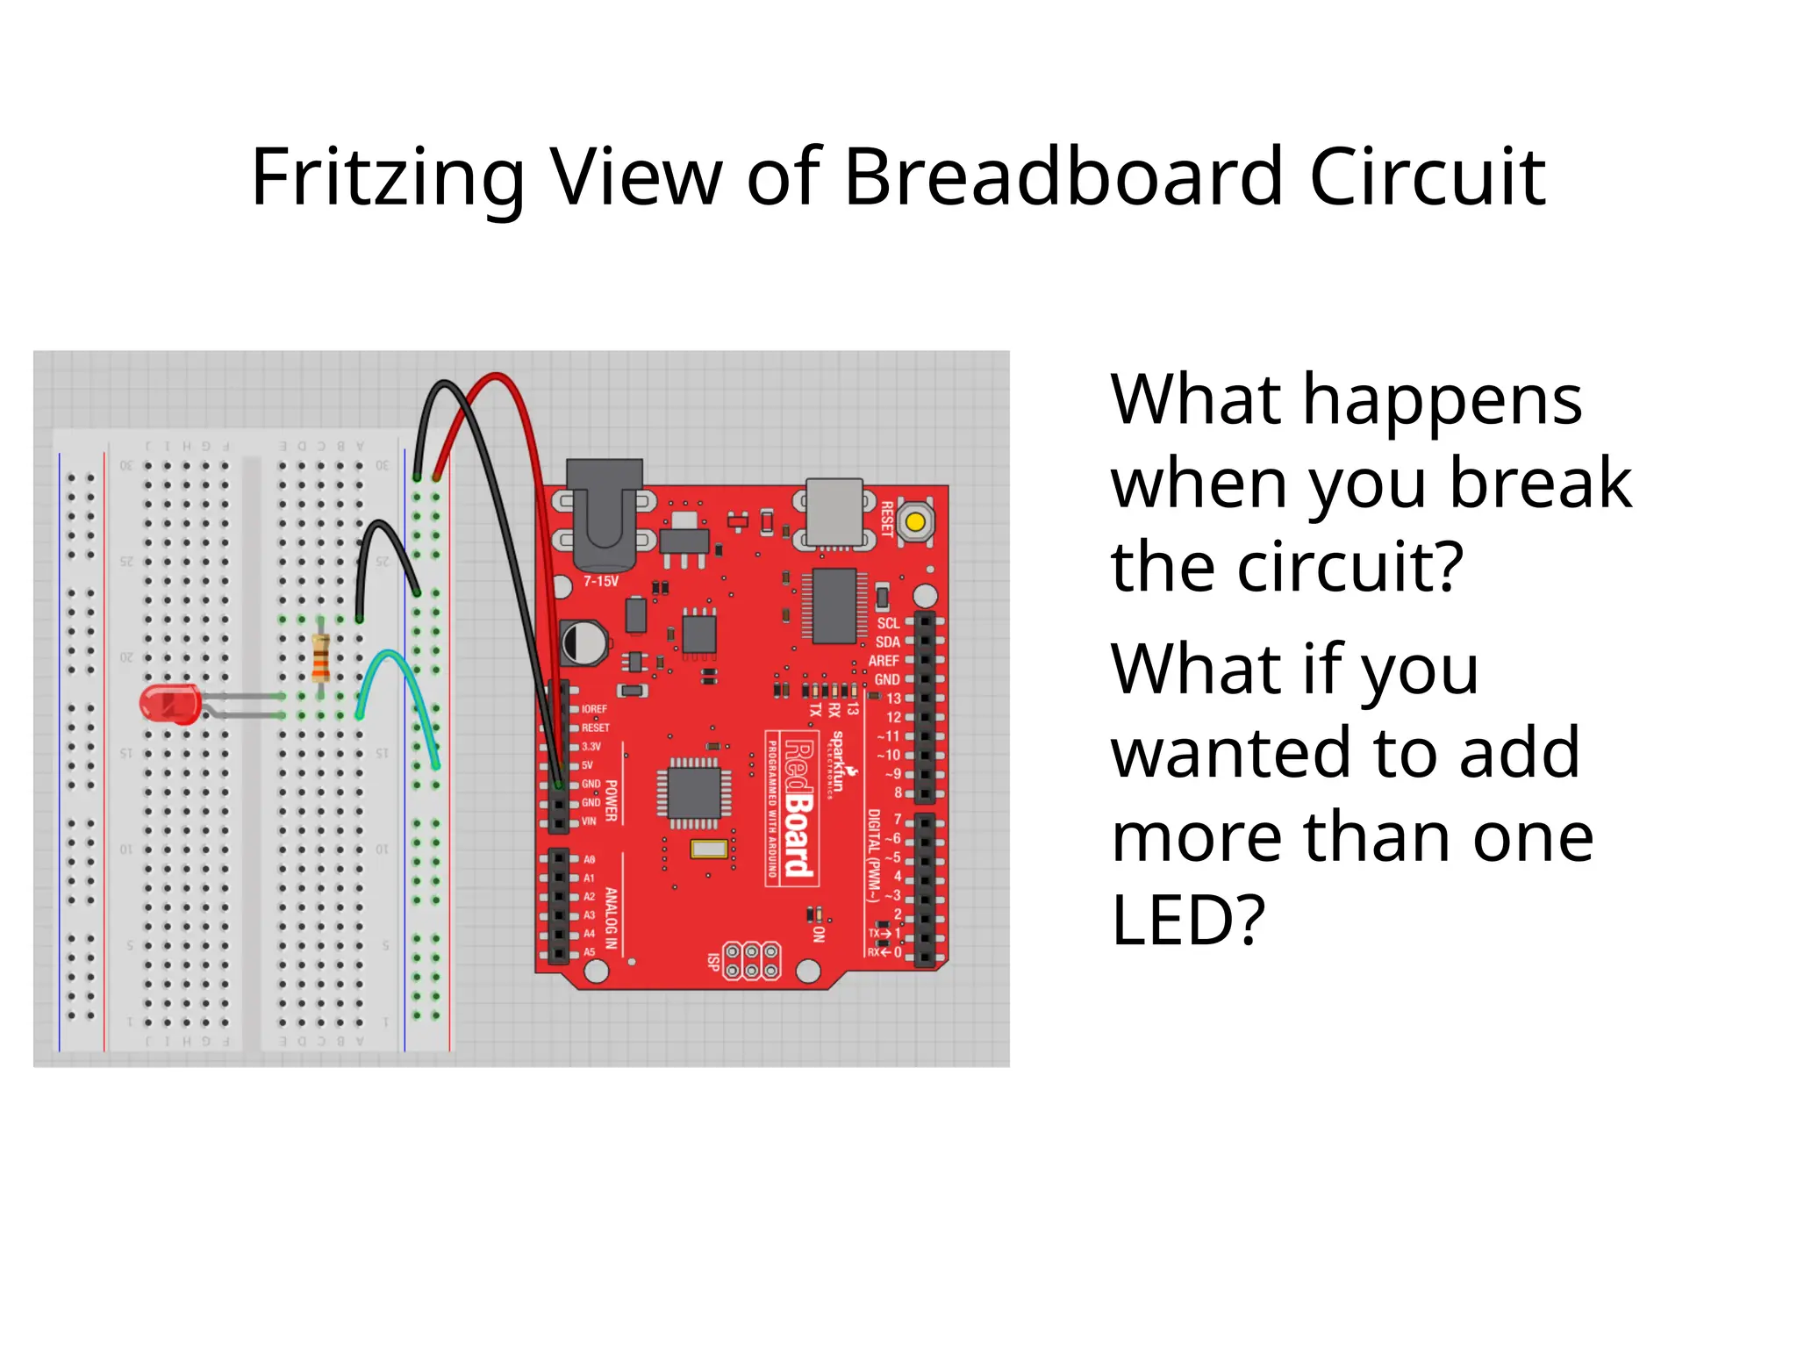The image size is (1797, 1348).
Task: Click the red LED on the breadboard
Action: coord(170,705)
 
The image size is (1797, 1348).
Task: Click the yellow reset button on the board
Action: coord(915,522)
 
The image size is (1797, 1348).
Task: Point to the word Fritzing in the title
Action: coord(387,177)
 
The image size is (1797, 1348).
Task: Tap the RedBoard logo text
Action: coord(798,807)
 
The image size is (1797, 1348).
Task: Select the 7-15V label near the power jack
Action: coord(601,581)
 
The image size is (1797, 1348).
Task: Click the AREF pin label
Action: coord(884,661)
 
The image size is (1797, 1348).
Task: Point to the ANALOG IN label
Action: coord(612,918)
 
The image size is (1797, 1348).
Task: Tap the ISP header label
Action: coord(714,961)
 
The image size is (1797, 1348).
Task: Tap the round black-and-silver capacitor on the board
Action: coord(583,642)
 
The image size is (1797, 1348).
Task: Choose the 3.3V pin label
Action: coord(591,747)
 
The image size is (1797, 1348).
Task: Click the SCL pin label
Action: coord(888,623)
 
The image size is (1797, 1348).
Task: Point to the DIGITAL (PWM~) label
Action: coord(873,856)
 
